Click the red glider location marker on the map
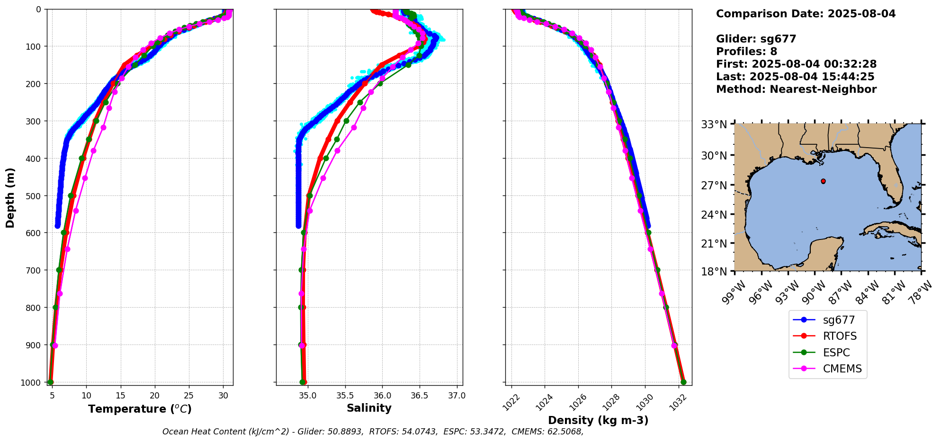pos(823,181)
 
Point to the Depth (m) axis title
pos(10,197)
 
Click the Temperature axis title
pos(140,409)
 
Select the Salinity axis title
pos(369,408)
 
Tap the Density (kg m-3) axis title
pos(598,420)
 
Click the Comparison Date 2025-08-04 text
pos(806,14)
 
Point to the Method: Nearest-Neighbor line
pos(796,89)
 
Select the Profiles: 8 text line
pos(746,52)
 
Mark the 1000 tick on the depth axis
pos(31,382)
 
